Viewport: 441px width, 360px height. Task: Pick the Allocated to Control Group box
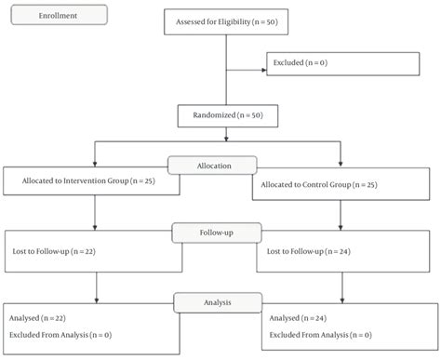coord(343,185)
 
